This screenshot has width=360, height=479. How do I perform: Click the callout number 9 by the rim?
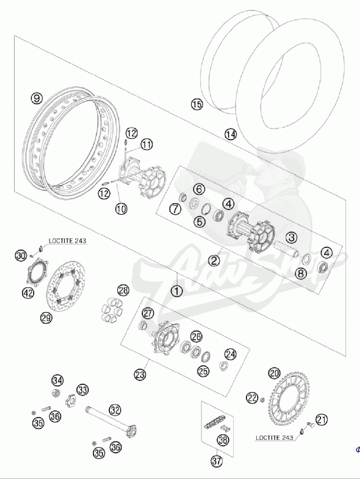pyautogui.click(x=36, y=98)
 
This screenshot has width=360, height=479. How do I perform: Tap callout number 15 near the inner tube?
pyautogui.click(x=197, y=105)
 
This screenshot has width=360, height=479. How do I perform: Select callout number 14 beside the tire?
pyautogui.click(x=230, y=134)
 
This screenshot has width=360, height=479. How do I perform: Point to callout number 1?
pyautogui.click(x=177, y=291)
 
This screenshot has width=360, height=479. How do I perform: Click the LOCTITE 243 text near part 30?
pyautogui.click(x=68, y=241)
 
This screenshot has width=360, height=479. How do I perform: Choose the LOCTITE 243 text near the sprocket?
pyautogui.click(x=274, y=438)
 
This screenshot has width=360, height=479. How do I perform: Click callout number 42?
pyautogui.click(x=28, y=293)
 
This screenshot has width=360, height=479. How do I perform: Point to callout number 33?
pyautogui.click(x=83, y=390)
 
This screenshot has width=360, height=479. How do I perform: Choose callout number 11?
pyautogui.click(x=147, y=144)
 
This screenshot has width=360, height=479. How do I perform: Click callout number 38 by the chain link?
pyautogui.click(x=223, y=440)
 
